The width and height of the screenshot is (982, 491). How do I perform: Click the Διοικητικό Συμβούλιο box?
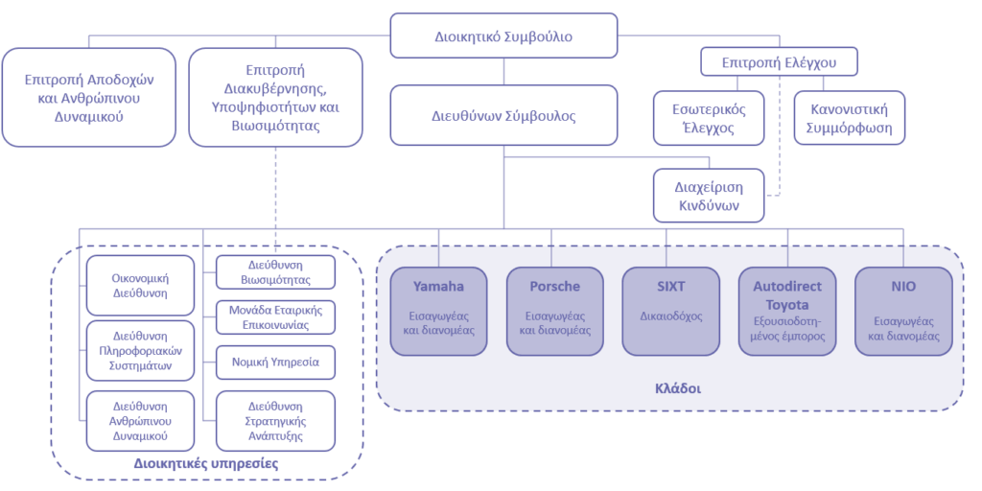pos(503,36)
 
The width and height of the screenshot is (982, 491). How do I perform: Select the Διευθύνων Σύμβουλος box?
pos(503,116)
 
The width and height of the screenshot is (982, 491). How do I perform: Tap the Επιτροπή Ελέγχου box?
pos(778,62)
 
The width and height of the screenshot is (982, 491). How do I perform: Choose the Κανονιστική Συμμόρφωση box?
pos(850,118)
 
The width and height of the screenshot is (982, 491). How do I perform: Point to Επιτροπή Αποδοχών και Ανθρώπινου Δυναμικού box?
pos(88,97)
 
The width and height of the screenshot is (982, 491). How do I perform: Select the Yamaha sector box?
pos(438,311)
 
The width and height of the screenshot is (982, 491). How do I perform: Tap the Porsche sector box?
pos(554,311)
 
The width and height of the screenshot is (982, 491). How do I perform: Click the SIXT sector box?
pos(670,311)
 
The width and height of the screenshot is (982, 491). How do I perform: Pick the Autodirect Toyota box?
pos(787,311)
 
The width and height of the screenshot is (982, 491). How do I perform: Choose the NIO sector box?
pos(903,311)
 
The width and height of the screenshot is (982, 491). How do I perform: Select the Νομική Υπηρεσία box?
pos(276,362)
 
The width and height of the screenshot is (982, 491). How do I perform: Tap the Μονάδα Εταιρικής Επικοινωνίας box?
pos(276,317)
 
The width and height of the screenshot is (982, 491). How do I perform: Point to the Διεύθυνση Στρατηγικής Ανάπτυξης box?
pos(276,420)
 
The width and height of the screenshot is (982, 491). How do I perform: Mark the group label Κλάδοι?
pos(670,390)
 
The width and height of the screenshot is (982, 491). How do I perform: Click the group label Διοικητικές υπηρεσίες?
pos(206,463)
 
